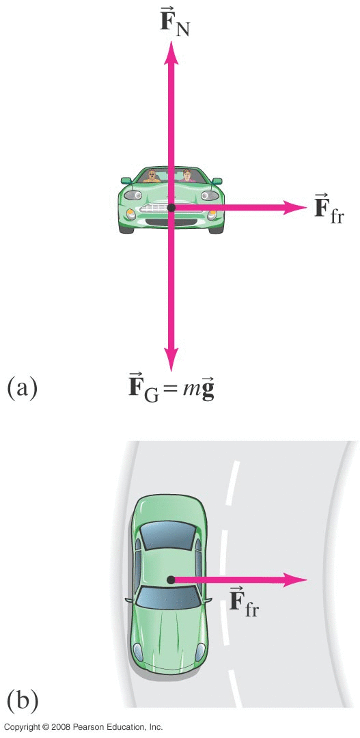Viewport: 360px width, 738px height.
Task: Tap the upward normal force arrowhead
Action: click(171, 53)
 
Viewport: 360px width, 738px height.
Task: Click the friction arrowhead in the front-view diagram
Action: click(296, 207)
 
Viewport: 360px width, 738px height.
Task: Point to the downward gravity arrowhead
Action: click(171, 361)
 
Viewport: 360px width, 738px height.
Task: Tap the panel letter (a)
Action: click(22, 389)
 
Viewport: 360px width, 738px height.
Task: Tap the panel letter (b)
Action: click(22, 700)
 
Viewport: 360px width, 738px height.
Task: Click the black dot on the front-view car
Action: click(171, 208)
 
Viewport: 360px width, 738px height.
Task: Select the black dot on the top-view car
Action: click(171, 579)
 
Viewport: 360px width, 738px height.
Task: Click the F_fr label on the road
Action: click(245, 603)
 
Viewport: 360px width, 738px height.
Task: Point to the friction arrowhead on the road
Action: click(296, 579)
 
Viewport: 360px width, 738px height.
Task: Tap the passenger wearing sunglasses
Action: click(152, 176)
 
